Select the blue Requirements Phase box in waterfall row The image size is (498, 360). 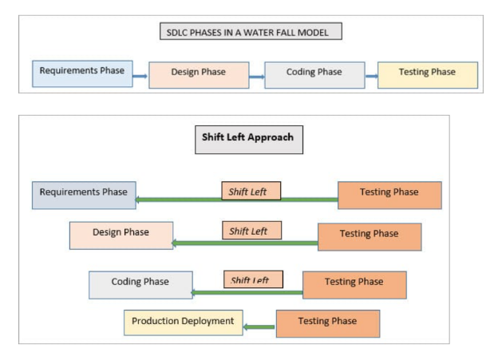(82, 72)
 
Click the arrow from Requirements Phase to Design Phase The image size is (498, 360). (140, 76)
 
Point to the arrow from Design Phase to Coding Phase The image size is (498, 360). (256, 77)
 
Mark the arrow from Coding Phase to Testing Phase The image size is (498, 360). (371, 77)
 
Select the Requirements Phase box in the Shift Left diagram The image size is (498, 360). (84, 194)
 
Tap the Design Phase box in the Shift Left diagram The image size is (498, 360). (121, 234)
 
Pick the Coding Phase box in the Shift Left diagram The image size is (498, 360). (140, 283)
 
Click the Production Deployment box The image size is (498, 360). (183, 322)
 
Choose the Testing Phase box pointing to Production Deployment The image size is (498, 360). (327, 322)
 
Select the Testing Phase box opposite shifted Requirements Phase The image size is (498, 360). (389, 194)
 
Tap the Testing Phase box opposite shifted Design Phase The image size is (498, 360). (370, 235)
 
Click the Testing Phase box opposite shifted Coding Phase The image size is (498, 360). (354, 283)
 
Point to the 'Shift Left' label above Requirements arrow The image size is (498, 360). (251, 192)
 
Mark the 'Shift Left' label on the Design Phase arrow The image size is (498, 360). (251, 231)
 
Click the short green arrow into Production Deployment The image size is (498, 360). (259, 326)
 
